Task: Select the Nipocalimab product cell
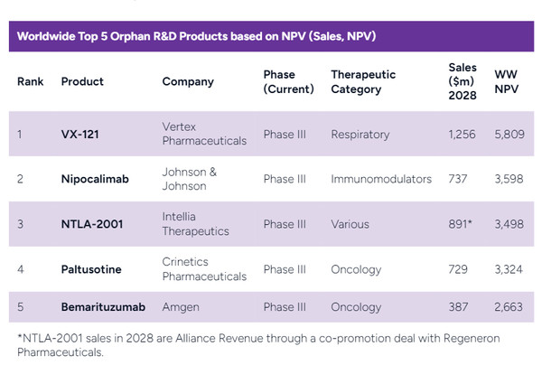(x=95, y=179)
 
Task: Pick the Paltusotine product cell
(x=91, y=268)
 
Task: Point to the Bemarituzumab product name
(x=102, y=307)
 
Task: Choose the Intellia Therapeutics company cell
(x=194, y=223)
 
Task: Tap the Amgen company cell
(x=181, y=307)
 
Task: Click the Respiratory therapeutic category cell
(x=360, y=135)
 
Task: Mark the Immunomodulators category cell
(x=381, y=179)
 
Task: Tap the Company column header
(x=188, y=81)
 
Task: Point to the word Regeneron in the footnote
(x=456, y=338)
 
